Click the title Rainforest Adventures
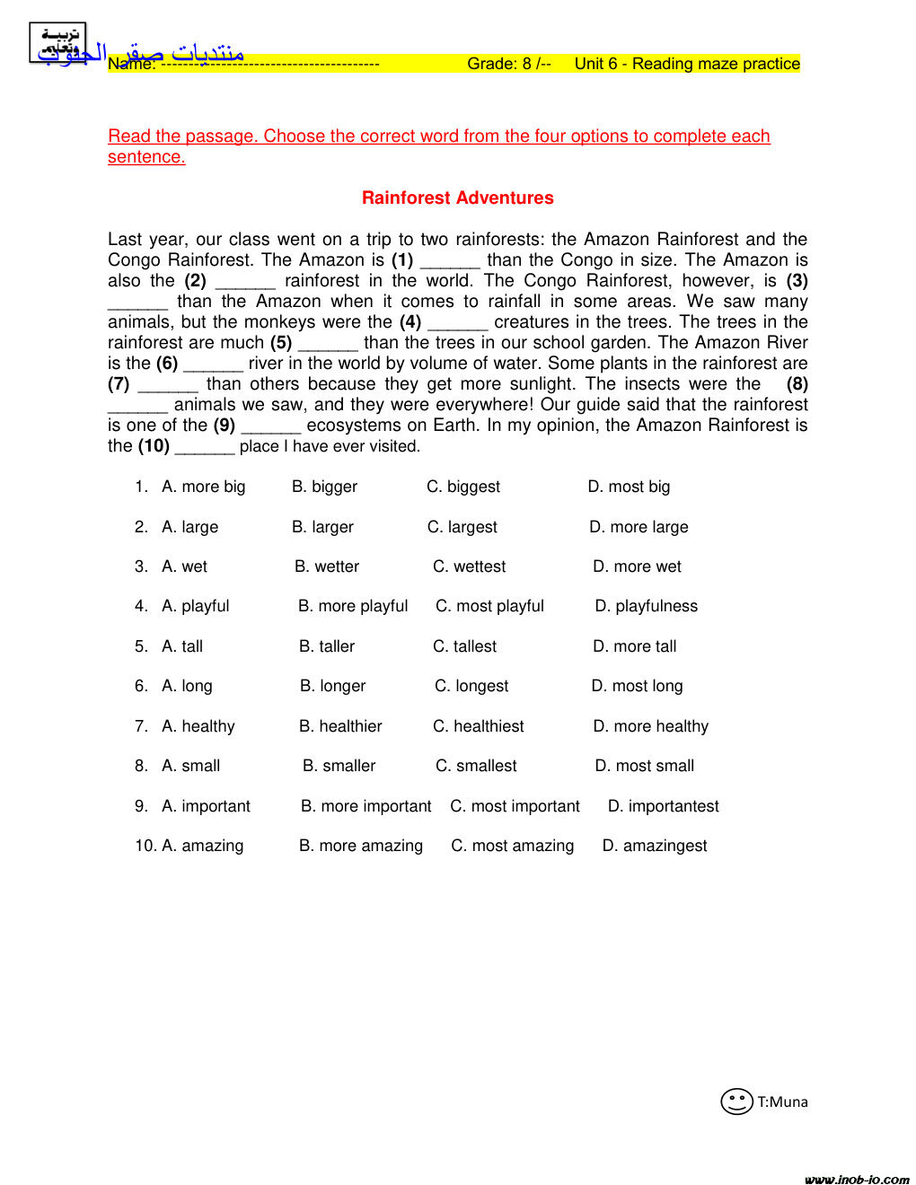click(457, 198)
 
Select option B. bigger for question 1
click(324, 487)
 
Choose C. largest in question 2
click(462, 527)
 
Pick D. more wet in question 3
click(637, 566)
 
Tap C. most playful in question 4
click(489, 606)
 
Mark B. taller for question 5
click(327, 646)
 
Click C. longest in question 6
click(471, 686)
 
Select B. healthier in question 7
click(340, 726)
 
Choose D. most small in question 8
click(644, 766)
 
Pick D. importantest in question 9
click(663, 806)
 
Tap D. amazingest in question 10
click(654, 846)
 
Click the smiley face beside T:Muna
click(736, 1102)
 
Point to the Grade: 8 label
click(508, 64)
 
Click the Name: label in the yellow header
click(131, 64)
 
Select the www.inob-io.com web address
click(857, 1179)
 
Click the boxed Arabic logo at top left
click(57, 43)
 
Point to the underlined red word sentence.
click(146, 157)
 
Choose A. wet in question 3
click(184, 566)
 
